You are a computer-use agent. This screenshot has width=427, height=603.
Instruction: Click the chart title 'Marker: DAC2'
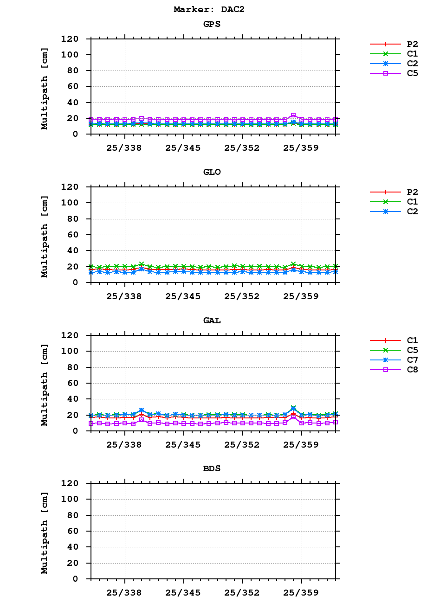(209, 9)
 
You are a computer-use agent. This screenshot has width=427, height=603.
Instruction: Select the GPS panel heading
(212, 24)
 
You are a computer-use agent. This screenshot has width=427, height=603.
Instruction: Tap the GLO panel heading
(212, 172)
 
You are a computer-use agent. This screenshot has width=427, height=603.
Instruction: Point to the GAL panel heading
(212, 321)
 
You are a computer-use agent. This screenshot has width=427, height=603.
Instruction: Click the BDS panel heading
(212, 468)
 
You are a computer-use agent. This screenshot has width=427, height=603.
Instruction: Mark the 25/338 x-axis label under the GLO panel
(124, 296)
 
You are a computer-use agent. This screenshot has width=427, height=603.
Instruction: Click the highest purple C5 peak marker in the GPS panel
(293, 115)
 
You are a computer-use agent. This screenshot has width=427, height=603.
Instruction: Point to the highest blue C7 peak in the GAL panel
(293, 408)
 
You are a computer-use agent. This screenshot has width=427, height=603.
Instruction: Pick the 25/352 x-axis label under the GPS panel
(242, 148)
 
